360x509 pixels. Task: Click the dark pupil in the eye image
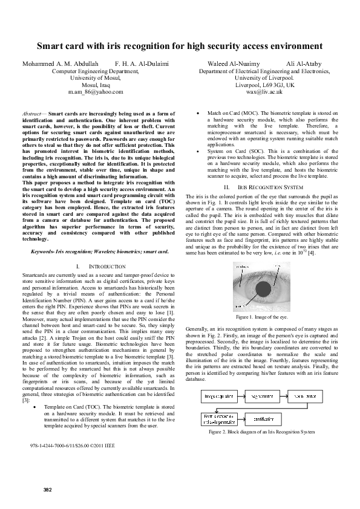pos(264,293)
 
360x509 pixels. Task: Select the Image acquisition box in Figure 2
pos(215,397)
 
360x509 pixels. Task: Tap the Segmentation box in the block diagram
pos(262,397)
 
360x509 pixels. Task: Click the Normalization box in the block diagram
pos(307,397)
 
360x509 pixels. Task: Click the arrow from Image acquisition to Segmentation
pos(238,397)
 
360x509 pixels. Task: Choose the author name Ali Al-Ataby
pos(304,63)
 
